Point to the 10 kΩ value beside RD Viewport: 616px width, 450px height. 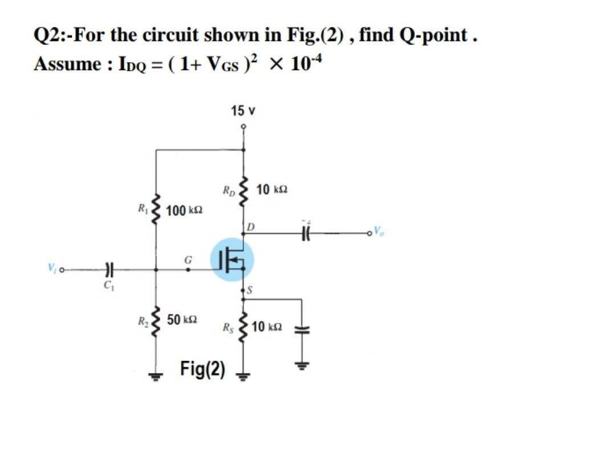click(x=272, y=189)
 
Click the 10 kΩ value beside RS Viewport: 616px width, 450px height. click(x=266, y=327)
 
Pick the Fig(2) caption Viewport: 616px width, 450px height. click(x=202, y=369)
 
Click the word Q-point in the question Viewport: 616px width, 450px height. click(x=440, y=35)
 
